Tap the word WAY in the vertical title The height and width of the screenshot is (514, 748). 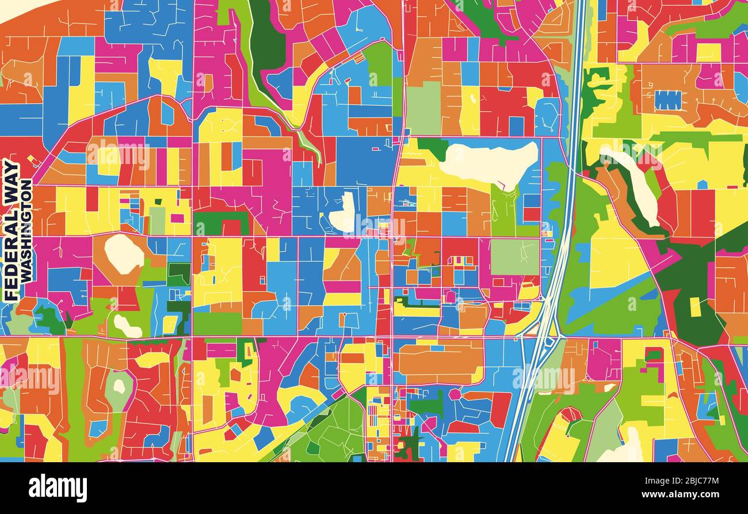point(12,183)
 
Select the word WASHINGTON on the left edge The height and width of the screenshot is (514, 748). point(26,230)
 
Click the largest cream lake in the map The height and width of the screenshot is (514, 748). point(489,163)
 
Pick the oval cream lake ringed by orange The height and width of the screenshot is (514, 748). point(123,254)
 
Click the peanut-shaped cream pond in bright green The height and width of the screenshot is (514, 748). point(127,326)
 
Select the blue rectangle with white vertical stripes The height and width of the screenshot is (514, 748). point(668,100)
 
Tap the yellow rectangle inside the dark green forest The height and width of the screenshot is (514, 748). point(695,307)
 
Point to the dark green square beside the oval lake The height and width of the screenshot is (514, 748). point(178,274)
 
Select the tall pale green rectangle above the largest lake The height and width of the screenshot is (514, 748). point(423,108)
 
